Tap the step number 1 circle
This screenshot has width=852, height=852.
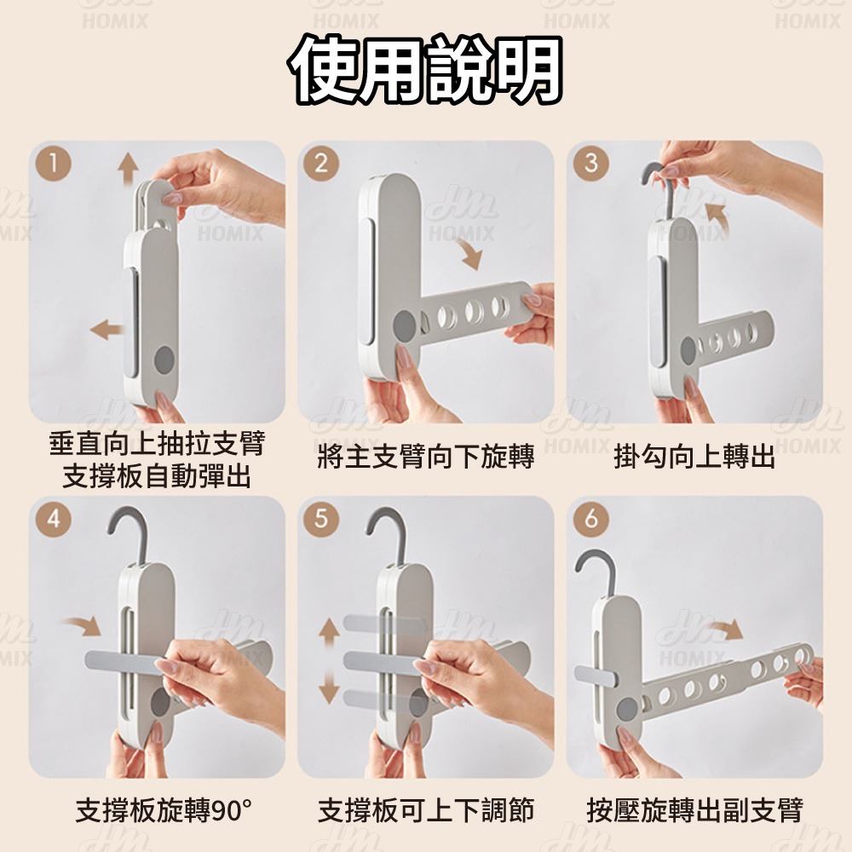[54, 164]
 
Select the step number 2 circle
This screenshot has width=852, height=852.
[321, 164]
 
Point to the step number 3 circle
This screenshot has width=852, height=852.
[590, 164]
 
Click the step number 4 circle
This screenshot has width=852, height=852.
[54, 519]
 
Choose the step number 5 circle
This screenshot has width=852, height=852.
[321, 519]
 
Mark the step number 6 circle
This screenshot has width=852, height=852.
[590, 519]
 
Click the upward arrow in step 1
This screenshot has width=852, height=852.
[128, 167]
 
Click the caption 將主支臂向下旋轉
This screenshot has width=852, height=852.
[425, 458]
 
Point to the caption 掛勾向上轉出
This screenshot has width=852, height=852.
[694, 458]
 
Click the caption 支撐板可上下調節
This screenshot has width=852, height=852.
[425, 810]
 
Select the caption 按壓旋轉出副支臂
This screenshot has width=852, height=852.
[694, 810]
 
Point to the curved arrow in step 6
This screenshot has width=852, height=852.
[724, 631]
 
